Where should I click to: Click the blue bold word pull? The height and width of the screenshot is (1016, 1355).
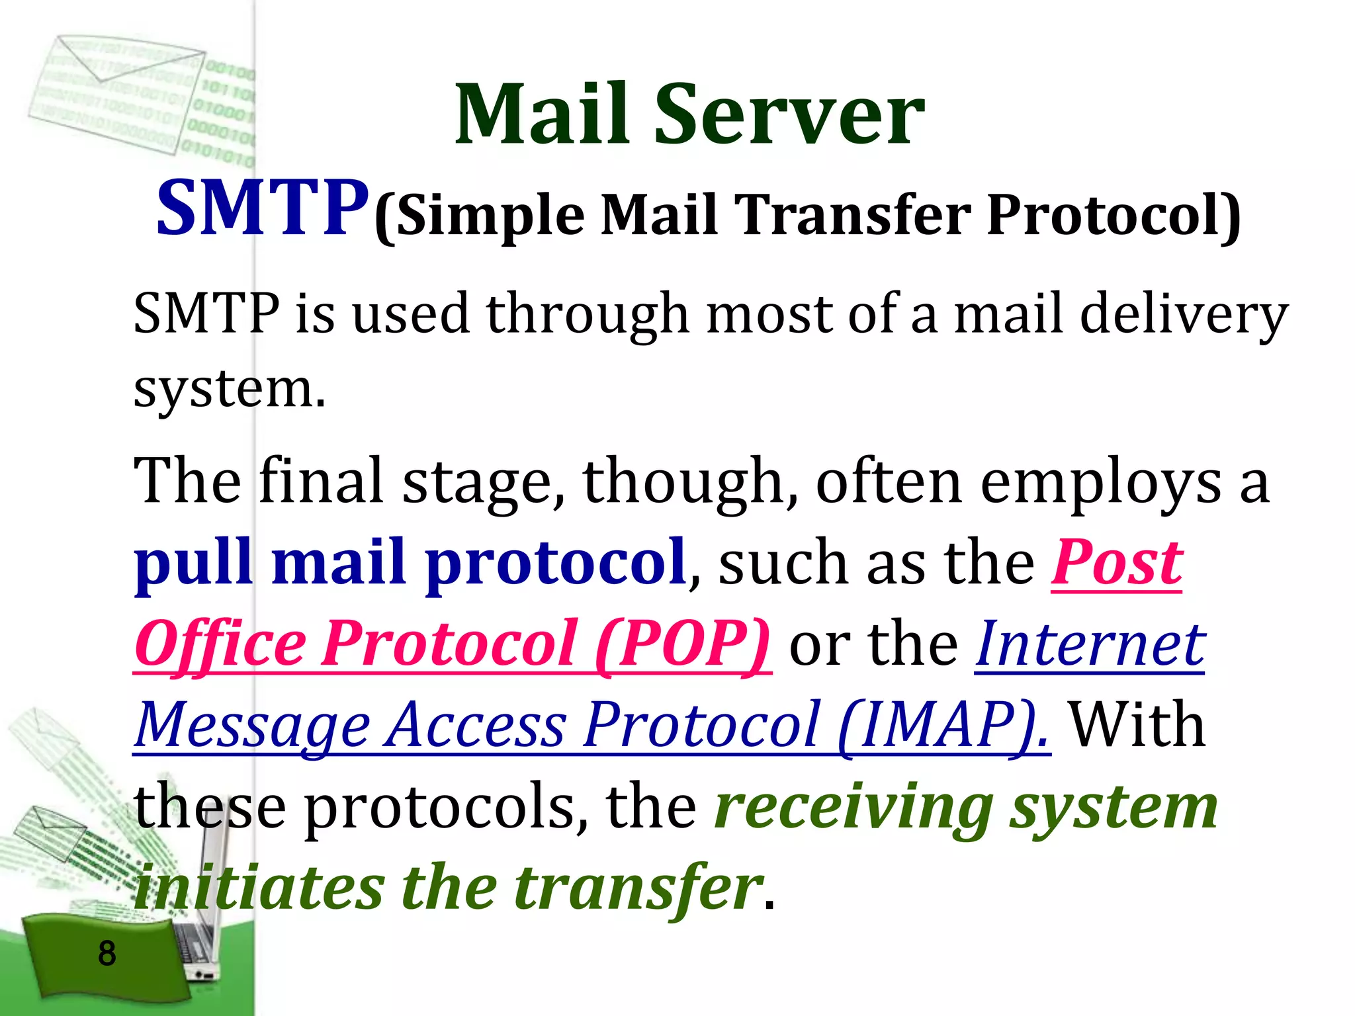pos(193,564)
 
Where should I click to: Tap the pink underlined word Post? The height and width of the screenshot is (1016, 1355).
pos(1116,564)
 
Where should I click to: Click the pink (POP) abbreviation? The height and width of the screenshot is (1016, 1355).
pos(682,644)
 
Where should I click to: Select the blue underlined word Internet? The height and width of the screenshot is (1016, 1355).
pos(1090,644)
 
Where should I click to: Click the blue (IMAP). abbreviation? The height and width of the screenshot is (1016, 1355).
pos(943,725)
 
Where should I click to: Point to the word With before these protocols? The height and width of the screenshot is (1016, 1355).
pos(1137,725)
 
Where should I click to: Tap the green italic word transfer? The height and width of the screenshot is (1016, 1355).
pos(638,888)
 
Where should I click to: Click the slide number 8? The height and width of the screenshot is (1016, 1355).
pos(107,954)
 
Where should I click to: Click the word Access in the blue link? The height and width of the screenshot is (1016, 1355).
pos(476,725)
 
